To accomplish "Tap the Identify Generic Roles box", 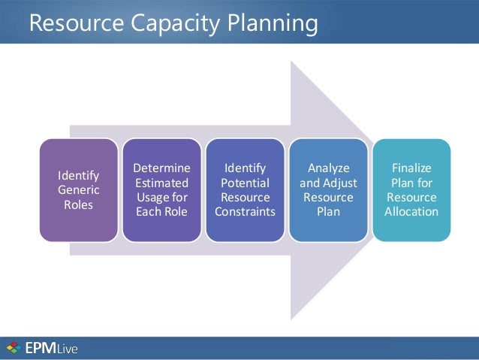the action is click(x=78, y=190).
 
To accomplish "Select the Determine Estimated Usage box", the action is click(x=161, y=190).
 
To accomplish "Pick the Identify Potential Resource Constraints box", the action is click(x=245, y=190).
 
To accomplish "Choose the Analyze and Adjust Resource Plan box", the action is click(x=328, y=190).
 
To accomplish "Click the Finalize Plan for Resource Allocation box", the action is click(x=411, y=190).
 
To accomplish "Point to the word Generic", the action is click(x=78, y=190).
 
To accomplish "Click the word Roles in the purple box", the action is click(x=78, y=204).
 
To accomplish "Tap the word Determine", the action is click(x=161, y=168).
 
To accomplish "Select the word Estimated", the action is click(x=161, y=183).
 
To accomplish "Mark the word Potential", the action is click(x=245, y=183).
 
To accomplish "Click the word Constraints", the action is click(x=245, y=212).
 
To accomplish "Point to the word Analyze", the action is click(x=328, y=168).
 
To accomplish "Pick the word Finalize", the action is click(x=411, y=168).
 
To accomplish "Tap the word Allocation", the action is click(x=411, y=212).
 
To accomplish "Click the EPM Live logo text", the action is click(x=52, y=348).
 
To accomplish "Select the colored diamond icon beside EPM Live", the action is click(x=13, y=348).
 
